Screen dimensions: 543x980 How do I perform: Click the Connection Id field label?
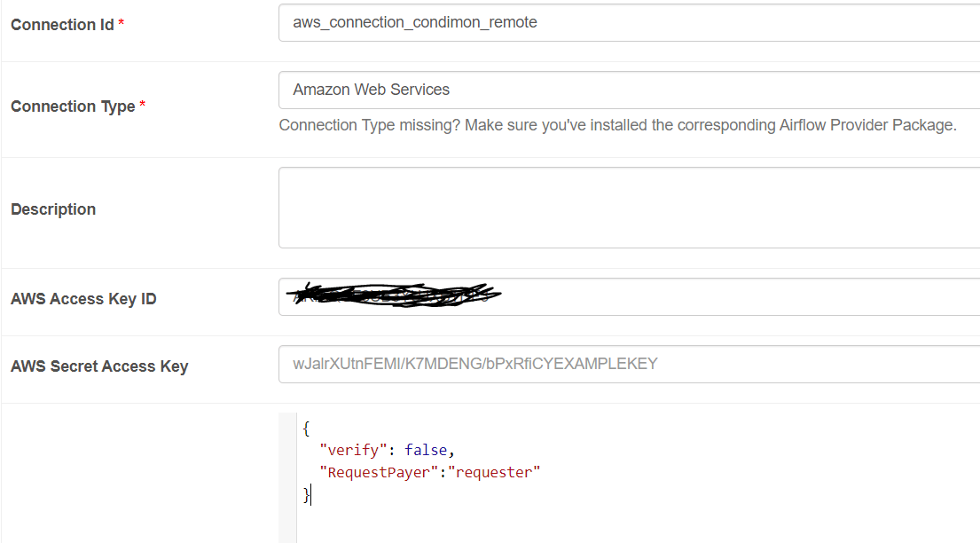pyautogui.click(x=62, y=25)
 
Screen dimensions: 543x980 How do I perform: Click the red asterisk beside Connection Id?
pyautogui.click(x=121, y=24)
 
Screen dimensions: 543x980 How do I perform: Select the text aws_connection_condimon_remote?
pyautogui.click(x=415, y=22)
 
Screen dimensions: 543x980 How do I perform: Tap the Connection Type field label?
pyautogui.click(x=73, y=106)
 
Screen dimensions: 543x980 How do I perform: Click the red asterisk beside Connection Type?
pyautogui.click(x=143, y=106)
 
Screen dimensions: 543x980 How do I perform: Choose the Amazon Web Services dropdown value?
pyautogui.click(x=372, y=90)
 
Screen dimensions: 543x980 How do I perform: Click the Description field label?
pyautogui.click(x=53, y=209)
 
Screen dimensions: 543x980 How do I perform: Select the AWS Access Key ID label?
pyautogui.click(x=83, y=299)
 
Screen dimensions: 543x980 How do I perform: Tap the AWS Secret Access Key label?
pyautogui.click(x=99, y=366)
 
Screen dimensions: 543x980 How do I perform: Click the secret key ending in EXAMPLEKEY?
pyautogui.click(x=475, y=364)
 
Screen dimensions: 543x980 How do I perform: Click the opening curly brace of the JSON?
pyautogui.click(x=306, y=429)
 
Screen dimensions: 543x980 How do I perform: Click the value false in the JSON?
pyautogui.click(x=427, y=450)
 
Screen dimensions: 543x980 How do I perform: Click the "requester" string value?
pyautogui.click(x=494, y=472)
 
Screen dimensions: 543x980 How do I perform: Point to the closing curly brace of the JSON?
pyautogui.click(x=306, y=494)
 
